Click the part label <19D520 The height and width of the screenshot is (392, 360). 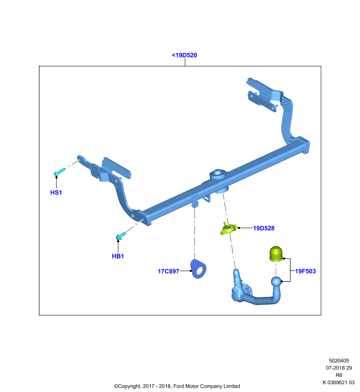pos(184,55)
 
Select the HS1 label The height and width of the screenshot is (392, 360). pos(56,193)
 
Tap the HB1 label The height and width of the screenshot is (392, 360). pos(118,256)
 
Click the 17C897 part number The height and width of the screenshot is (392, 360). pos(168,271)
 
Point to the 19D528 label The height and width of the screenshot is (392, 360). pos(264,228)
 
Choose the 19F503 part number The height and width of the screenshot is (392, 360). pos(306,271)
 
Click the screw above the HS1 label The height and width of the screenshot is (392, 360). pos(59,172)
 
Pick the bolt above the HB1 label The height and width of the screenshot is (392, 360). pos(121,236)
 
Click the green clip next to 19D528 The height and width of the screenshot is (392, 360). pos(229,228)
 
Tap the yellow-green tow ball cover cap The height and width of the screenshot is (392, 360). pos(276,254)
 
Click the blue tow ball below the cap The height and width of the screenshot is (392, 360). pos(277,282)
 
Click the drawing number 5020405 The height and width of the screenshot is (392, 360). pos(339,361)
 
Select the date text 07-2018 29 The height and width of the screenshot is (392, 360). pos(339,368)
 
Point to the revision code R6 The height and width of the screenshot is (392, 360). pos(339,375)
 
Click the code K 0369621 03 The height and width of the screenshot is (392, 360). pos(338,383)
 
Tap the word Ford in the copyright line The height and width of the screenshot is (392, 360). pos(179,386)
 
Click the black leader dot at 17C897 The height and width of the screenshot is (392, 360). pos(191,271)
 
